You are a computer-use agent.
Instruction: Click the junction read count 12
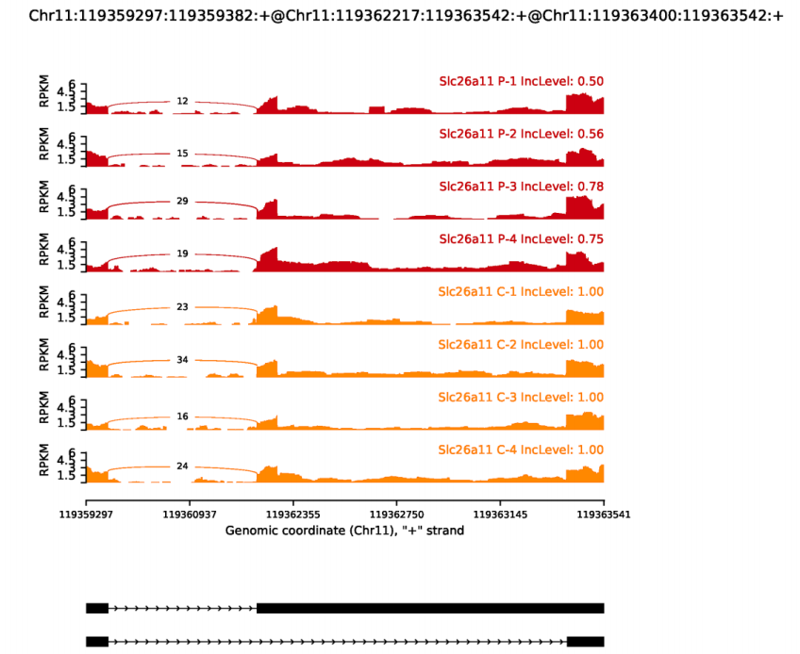click(182, 101)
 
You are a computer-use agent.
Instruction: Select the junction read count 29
click(182, 202)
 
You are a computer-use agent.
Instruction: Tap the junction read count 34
click(182, 360)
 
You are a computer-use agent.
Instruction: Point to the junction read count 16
click(182, 416)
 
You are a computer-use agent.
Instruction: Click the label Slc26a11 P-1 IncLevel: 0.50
click(521, 81)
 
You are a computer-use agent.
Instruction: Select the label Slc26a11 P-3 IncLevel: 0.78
click(521, 186)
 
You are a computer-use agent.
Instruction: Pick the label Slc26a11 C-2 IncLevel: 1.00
click(521, 344)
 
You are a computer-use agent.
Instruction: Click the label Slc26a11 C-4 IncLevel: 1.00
click(521, 450)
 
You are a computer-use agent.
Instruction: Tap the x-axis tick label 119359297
click(86, 515)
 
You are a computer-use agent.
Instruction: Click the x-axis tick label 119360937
click(190, 515)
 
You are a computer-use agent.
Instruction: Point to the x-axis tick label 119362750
click(396, 515)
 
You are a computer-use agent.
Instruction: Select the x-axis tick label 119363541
click(604, 515)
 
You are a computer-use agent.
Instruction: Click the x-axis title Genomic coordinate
click(344, 531)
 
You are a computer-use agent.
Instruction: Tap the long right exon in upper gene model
click(430, 608)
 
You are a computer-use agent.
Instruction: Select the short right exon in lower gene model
click(585, 641)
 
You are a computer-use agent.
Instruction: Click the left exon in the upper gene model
click(97, 608)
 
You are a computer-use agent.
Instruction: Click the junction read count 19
click(182, 253)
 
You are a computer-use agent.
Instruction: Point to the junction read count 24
click(182, 466)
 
